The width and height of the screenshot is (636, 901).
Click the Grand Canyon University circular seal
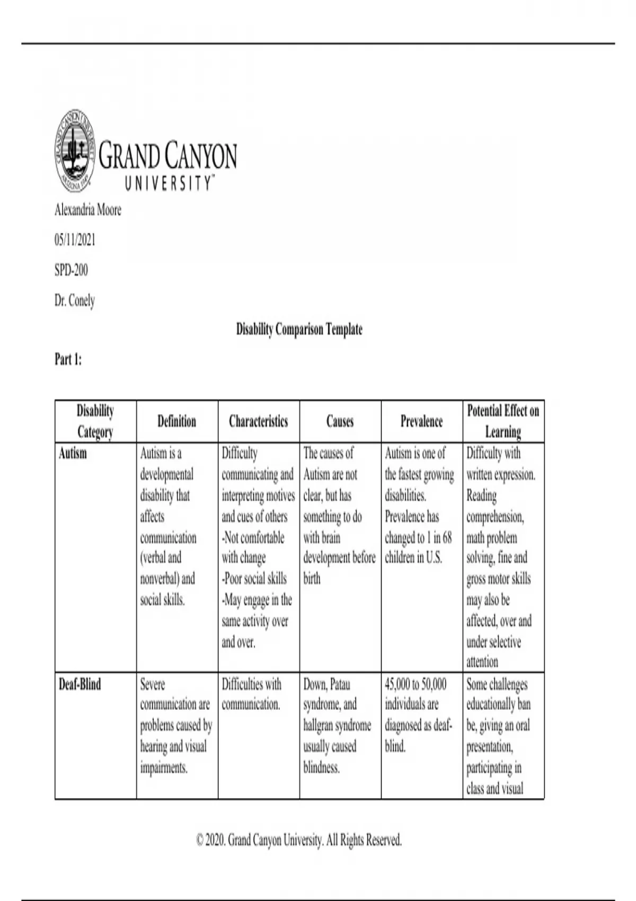[x=75, y=151]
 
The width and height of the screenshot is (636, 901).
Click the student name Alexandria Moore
[x=88, y=210]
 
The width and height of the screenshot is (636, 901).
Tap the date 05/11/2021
[x=75, y=240]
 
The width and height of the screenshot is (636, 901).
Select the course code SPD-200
[x=71, y=270]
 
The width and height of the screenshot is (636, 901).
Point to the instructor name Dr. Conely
[x=75, y=301]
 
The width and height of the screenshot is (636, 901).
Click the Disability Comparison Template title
[x=299, y=330]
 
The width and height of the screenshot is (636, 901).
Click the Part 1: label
[x=68, y=359]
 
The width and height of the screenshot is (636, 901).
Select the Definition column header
[x=176, y=421]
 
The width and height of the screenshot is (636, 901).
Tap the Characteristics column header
[x=258, y=421]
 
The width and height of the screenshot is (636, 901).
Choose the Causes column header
[x=340, y=421]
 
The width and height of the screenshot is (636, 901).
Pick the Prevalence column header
[x=421, y=421]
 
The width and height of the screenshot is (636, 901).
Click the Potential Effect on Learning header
[x=503, y=421]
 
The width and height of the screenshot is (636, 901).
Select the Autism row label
[x=73, y=454]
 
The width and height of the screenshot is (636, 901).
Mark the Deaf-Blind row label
[x=79, y=684]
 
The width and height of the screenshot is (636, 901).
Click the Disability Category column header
[x=95, y=421]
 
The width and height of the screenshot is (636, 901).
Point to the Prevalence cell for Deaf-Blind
[x=418, y=715]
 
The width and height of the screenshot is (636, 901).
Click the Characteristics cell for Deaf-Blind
[x=251, y=694]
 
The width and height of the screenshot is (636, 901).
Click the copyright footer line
[x=299, y=840]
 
